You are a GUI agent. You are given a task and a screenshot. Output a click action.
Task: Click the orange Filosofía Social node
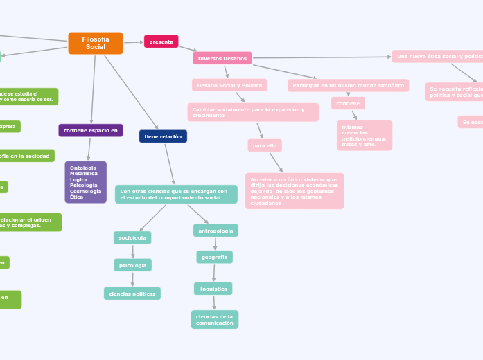pos(96,43)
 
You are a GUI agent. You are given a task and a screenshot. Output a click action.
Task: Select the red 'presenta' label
pos(161,42)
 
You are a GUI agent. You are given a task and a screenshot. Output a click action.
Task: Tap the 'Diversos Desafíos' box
pos(222,58)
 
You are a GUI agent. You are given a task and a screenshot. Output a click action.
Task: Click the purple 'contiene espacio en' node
pos(91,130)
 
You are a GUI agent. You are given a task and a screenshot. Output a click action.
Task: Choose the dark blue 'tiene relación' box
pos(163,136)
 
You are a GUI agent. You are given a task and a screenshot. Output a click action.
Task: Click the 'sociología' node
pos(132,237)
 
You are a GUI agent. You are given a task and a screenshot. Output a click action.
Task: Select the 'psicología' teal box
pos(132,265)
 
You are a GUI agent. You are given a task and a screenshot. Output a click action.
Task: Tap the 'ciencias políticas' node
pos(132,294)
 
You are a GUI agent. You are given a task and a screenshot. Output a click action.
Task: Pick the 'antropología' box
pos(216,230)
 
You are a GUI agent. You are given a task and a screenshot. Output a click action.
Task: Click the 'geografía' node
pos(214,257)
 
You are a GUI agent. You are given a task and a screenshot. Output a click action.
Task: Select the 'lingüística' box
pos(213,288)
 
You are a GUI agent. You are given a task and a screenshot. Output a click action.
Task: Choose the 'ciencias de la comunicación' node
pos(214,319)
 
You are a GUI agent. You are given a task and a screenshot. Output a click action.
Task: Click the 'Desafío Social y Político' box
pos(229,84)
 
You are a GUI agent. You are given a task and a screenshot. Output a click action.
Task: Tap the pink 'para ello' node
pos(265,145)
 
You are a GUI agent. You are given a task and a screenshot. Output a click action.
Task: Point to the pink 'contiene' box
pos(348,103)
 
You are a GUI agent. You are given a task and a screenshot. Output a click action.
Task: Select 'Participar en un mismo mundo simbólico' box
pos(348,85)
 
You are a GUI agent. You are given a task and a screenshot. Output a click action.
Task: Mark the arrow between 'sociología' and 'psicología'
pos(132,251)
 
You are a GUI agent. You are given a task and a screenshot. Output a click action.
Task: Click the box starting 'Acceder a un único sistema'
pos(294,190)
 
